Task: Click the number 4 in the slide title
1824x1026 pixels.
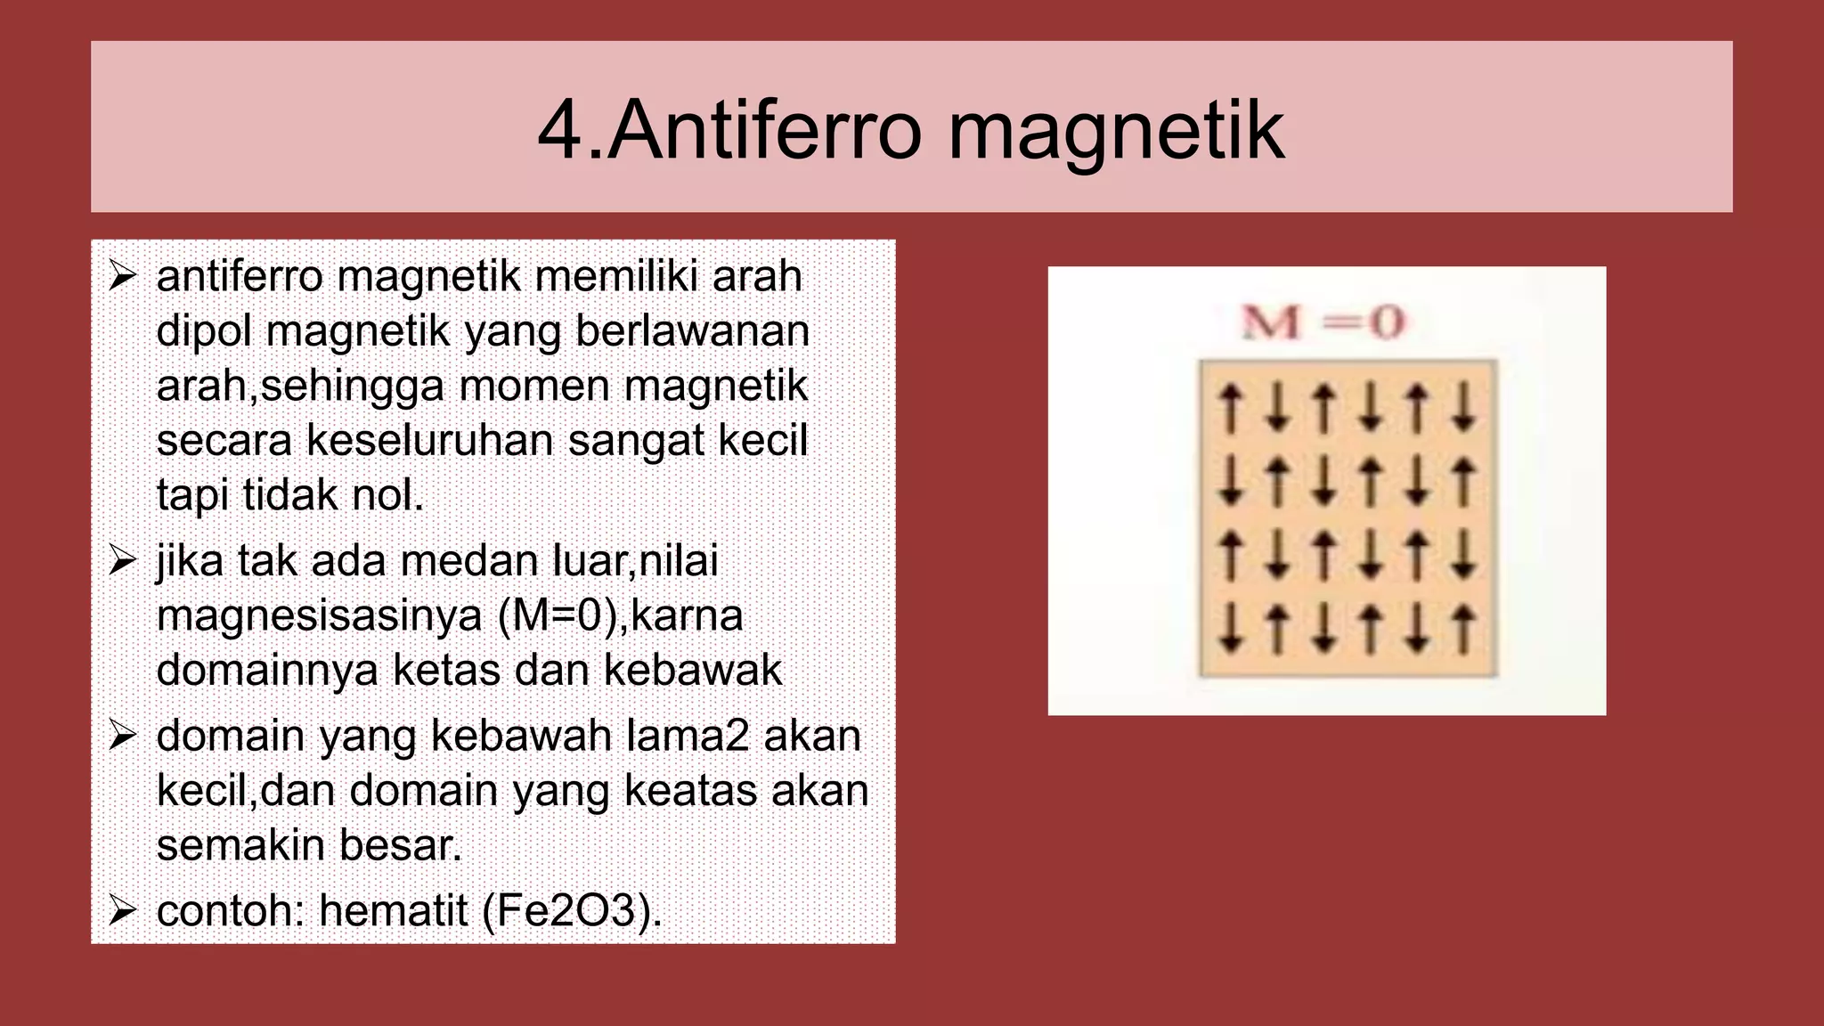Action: pos(559,131)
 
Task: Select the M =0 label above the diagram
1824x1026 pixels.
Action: pos(1323,322)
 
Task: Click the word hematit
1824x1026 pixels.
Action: pos(393,910)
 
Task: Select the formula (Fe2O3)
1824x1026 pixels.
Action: pos(572,910)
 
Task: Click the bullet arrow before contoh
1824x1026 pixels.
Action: pos(122,910)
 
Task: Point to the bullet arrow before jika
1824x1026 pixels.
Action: pos(122,560)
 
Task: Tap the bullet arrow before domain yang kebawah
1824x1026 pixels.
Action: pos(122,736)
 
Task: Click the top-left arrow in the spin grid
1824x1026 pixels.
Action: pos(1231,407)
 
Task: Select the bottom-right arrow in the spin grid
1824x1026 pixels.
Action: pos(1463,629)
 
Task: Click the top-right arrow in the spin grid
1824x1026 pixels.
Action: pos(1463,407)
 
